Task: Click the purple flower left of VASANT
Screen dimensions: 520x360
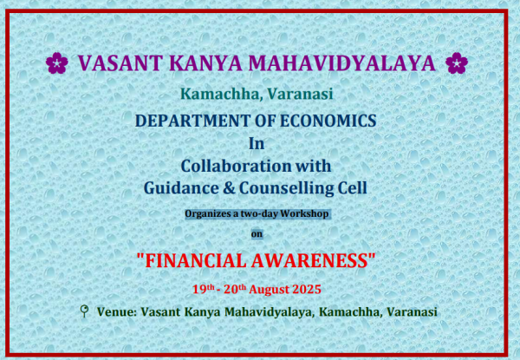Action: pyautogui.click(x=57, y=63)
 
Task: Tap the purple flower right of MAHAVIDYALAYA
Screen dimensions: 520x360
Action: pyautogui.click(x=457, y=63)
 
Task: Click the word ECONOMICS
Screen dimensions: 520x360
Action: pyautogui.click(x=328, y=121)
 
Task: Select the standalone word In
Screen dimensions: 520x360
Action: pyautogui.click(x=257, y=143)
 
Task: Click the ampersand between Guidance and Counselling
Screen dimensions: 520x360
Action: pyautogui.click(x=229, y=188)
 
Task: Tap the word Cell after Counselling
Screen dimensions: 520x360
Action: pyautogui.click(x=353, y=187)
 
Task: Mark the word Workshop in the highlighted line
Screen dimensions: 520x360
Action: pyautogui.click(x=304, y=213)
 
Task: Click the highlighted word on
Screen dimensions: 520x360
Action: pyautogui.click(x=257, y=234)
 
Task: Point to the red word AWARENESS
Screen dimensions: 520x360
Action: pyautogui.click(x=310, y=261)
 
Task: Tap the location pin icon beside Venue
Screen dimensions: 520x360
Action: pyautogui.click(x=85, y=311)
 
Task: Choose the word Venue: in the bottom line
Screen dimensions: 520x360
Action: pyautogui.click(x=117, y=312)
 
